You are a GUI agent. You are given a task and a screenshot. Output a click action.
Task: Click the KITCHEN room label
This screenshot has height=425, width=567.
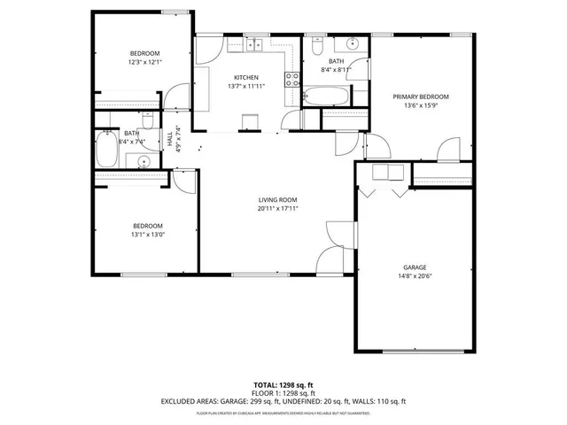point(245,77)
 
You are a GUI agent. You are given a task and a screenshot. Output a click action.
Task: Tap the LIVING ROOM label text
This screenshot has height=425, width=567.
point(277,199)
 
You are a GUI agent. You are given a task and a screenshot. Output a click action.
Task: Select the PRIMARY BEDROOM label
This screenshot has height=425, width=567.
point(421,97)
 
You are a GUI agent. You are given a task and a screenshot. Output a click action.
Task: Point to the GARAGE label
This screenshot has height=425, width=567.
point(415,267)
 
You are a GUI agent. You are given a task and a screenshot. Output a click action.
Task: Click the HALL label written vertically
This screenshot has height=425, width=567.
point(169,139)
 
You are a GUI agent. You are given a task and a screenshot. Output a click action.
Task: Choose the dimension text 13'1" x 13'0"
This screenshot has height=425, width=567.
point(148,235)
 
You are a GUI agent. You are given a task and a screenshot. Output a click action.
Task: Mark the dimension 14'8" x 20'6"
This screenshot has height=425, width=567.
point(415,275)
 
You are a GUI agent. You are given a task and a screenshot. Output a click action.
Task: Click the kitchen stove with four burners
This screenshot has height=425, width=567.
point(291,80)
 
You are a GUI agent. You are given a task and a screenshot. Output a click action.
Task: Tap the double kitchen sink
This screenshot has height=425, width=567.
point(256,43)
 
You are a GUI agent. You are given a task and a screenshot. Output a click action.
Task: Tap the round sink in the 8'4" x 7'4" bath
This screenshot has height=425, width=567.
point(143,160)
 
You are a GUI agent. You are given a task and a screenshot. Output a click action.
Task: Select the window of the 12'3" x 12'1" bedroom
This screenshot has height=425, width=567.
point(142,13)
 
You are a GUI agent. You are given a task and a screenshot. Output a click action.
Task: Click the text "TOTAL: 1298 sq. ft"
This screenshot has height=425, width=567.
point(283,385)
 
